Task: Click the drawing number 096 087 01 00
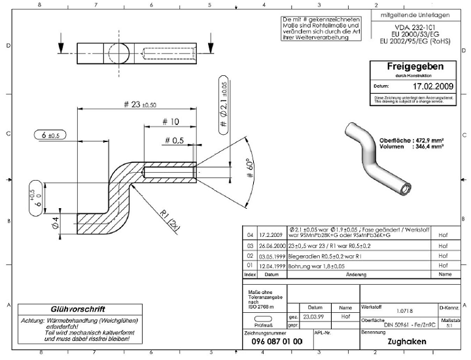pyautogui.click(x=277, y=341)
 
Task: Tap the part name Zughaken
pyautogui.click(x=406, y=341)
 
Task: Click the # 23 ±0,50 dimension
pyautogui.click(x=139, y=105)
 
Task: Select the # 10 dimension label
pyautogui.click(x=169, y=122)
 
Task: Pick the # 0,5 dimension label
pyautogui.click(x=174, y=140)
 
